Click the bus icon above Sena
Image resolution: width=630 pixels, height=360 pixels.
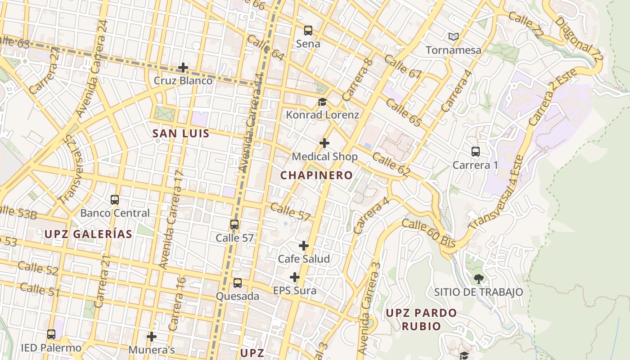(308, 31)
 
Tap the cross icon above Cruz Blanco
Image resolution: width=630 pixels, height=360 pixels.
(183, 68)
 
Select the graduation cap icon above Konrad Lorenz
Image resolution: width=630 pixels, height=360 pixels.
(322, 102)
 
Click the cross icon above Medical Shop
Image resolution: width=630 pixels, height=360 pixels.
(324, 143)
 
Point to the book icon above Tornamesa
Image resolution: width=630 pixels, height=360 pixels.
(454, 36)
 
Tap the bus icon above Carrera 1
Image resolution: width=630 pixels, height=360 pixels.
(476, 152)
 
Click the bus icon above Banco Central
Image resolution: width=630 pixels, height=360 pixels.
(115, 199)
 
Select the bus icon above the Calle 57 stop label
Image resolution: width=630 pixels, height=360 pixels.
(234, 225)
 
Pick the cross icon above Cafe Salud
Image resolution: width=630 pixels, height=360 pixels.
(304, 246)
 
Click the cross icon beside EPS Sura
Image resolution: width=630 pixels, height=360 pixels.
(295, 277)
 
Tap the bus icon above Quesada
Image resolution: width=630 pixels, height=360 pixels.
(238, 283)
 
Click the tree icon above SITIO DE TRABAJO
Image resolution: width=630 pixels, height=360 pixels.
(479, 279)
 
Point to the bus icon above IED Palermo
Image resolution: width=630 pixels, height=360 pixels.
(51, 334)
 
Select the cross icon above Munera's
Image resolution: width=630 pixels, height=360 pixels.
(152, 336)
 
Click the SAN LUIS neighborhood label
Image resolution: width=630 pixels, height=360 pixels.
(181, 133)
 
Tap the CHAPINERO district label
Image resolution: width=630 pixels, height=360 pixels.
(317, 175)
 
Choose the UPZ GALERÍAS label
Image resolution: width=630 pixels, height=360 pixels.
(88, 234)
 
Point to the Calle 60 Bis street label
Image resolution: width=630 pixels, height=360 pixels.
(429, 233)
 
